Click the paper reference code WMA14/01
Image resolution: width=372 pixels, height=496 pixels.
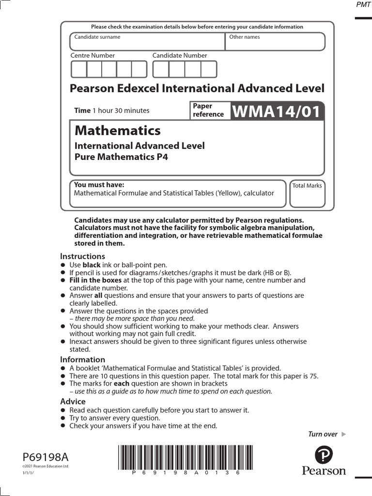(x=277, y=111)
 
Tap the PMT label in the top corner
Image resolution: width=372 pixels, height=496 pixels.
(x=362, y=4)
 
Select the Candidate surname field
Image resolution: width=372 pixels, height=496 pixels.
(x=147, y=42)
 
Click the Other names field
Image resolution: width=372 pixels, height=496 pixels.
(x=275, y=42)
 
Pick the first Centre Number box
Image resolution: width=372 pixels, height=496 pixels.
(x=79, y=69)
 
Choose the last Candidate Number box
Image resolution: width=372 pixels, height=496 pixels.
(x=209, y=69)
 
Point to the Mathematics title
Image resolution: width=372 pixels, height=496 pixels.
(x=117, y=130)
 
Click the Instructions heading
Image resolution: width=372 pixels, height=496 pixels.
(x=82, y=256)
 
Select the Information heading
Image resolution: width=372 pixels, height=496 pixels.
(x=82, y=359)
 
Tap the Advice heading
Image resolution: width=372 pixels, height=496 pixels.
(x=73, y=402)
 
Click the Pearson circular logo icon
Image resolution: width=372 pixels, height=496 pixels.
(x=324, y=455)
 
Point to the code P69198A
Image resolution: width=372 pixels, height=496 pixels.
(x=46, y=457)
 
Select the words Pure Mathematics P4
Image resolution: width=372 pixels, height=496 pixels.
(x=121, y=157)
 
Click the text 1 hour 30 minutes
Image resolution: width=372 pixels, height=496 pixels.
(x=121, y=110)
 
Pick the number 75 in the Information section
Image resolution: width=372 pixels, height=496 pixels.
(x=313, y=376)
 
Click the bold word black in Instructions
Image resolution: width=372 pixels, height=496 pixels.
(x=92, y=265)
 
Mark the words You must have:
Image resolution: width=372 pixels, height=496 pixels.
(x=99, y=185)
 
